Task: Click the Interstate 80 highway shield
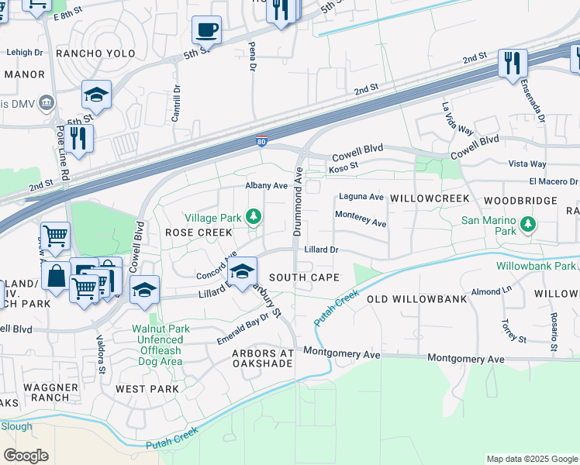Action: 262,141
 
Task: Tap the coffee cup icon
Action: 206,30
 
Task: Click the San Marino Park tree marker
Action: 528,225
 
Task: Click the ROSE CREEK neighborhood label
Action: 198,232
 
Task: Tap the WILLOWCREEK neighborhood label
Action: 430,199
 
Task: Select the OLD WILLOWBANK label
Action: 416,299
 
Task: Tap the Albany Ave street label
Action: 266,186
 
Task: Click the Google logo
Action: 26,455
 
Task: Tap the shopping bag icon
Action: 57,275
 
